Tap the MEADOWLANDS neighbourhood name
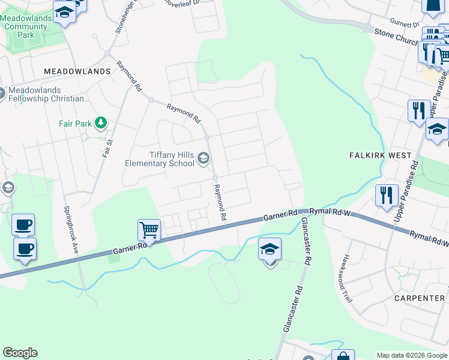click(77, 71)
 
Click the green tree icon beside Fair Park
click(101, 124)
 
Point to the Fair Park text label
click(75, 124)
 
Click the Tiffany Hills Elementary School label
click(160, 159)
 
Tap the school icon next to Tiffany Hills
click(203, 158)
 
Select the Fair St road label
click(107, 145)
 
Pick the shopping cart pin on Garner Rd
click(149, 229)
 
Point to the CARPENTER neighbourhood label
click(420, 298)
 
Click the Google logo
click(20, 353)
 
